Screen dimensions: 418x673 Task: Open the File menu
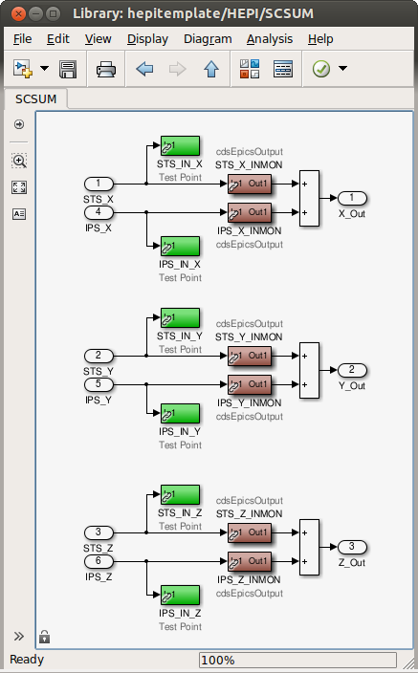pyautogui.click(x=22, y=39)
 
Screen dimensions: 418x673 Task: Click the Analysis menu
pyautogui.click(x=270, y=39)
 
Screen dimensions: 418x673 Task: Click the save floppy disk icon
pyautogui.click(x=68, y=69)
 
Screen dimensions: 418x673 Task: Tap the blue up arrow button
pyautogui.click(x=211, y=69)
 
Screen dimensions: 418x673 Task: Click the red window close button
pyautogui.click(x=18, y=14)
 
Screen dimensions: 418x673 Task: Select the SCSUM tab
pyautogui.click(x=36, y=99)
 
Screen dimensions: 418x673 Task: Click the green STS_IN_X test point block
pyautogui.click(x=180, y=145)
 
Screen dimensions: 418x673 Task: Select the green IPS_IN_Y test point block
pyautogui.click(x=180, y=413)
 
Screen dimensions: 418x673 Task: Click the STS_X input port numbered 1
pyautogui.click(x=99, y=184)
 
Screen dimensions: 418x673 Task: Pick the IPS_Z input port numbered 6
pyautogui.click(x=99, y=561)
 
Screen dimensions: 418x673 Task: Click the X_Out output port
pyautogui.click(x=352, y=198)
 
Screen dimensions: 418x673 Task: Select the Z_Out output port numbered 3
pyautogui.click(x=352, y=547)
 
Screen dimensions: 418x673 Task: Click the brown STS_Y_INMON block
pyautogui.click(x=250, y=356)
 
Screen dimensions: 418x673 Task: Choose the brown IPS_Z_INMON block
pyautogui.click(x=250, y=561)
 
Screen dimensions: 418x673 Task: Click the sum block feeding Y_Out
pyautogui.click(x=309, y=370)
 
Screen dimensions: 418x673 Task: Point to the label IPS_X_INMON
pyautogui.click(x=249, y=231)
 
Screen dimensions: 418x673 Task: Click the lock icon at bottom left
pyautogui.click(x=44, y=637)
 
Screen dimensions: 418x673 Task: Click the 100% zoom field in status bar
pyautogui.click(x=297, y=660)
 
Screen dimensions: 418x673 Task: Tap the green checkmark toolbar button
pyautogui.click(x=320, y=69)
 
